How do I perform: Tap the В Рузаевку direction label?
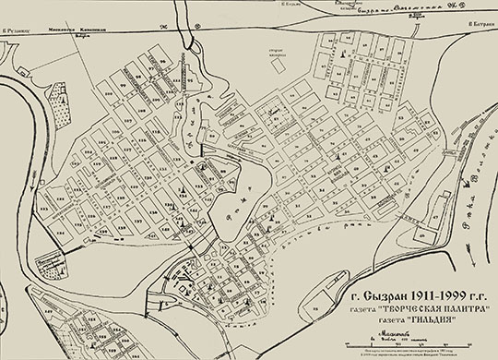[x=17, y=30]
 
